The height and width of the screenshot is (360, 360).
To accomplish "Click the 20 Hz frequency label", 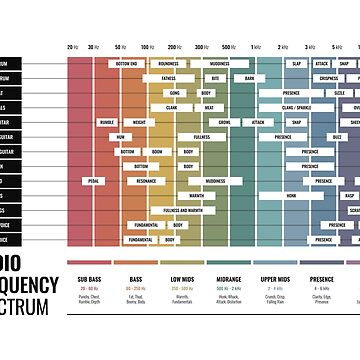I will click(72, 47).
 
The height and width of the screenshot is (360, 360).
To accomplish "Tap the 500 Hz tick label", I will click(228, 47).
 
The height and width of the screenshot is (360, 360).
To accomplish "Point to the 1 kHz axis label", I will click(257, 47).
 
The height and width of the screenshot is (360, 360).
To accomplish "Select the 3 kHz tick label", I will click(310, 47).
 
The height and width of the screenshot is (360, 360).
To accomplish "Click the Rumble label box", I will click(107, 121).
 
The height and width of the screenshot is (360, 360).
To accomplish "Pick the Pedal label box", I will click(93, 181).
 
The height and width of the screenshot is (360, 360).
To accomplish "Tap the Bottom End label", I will click(127, 63).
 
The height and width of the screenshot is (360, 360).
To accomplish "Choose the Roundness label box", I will click(169, 63).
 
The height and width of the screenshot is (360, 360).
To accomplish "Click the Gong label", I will click(174, 92).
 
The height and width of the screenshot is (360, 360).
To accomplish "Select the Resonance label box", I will click(146, 181).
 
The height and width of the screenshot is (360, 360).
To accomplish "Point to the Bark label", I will click(249, 77).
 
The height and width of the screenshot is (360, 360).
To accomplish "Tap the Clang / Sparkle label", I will click(296, 106).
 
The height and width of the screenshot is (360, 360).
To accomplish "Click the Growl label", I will click(224, 121).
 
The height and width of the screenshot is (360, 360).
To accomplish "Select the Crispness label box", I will click(328, 77).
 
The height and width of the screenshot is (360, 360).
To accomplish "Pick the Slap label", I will click(297, 63).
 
